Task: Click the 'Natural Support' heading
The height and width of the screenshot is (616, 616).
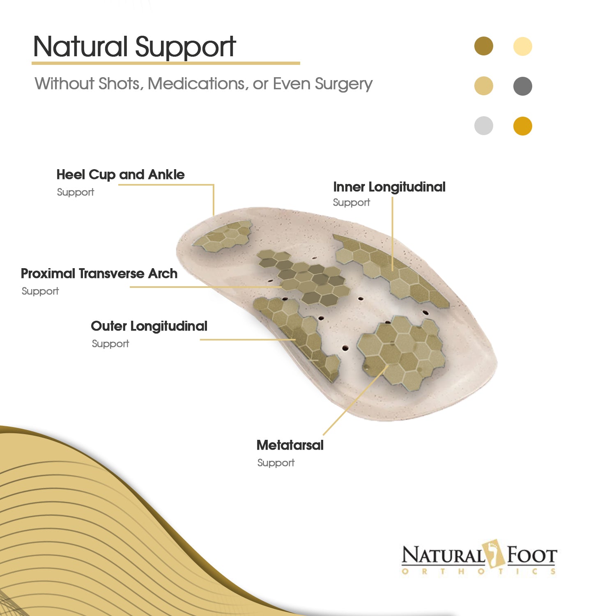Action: (134, 47)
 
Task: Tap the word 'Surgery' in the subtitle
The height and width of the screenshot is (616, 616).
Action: (344, 84)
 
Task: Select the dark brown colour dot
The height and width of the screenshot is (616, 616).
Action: (484, 46)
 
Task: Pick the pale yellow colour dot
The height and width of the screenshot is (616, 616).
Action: (523, 46)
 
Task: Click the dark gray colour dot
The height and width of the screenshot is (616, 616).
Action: (523, 86)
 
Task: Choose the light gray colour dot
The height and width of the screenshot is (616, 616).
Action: (484, 126)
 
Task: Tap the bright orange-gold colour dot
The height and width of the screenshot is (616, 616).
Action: (523, 126)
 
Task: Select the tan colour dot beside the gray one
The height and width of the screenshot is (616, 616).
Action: (484, 86)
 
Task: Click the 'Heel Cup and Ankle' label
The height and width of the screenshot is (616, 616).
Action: (121, 175)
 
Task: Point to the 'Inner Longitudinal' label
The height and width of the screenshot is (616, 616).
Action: (389, 187)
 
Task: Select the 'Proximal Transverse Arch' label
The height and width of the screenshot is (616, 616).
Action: (99, 274)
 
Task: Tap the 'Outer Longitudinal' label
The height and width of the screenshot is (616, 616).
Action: (149, 326)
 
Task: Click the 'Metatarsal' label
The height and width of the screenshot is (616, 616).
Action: (290, 445)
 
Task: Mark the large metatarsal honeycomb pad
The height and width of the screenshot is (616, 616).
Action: (402, 350)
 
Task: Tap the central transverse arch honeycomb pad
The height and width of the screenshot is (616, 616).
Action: (303, 277)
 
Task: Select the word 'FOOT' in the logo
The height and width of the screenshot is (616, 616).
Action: (531, 556)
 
